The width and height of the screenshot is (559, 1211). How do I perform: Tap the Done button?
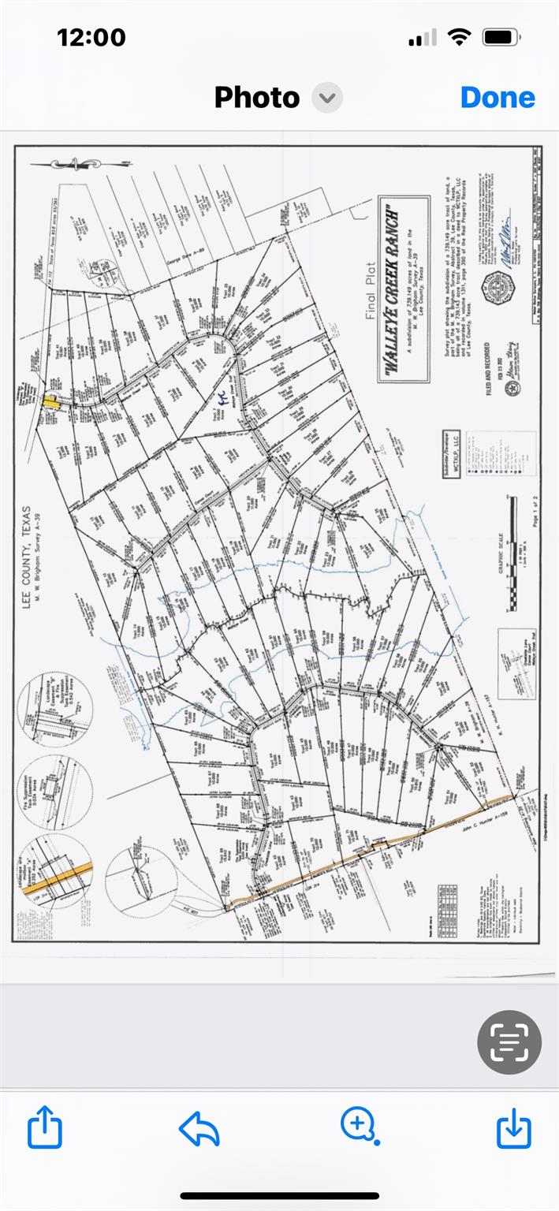coord(498,98)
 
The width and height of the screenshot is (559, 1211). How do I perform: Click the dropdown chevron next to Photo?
coord(326,99)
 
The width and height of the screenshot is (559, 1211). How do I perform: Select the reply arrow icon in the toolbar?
coord(199,1128)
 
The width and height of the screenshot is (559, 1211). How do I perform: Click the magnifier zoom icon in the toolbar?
coord(359,1125)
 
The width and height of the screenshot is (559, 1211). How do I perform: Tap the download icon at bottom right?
coord(513,1127)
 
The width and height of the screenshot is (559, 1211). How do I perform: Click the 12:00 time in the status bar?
coord(91,37)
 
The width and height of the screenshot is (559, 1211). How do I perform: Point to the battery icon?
coord(500,37)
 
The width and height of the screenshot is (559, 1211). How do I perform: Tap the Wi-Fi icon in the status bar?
coord(458,37)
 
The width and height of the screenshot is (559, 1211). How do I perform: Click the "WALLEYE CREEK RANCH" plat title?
coord(393,289)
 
